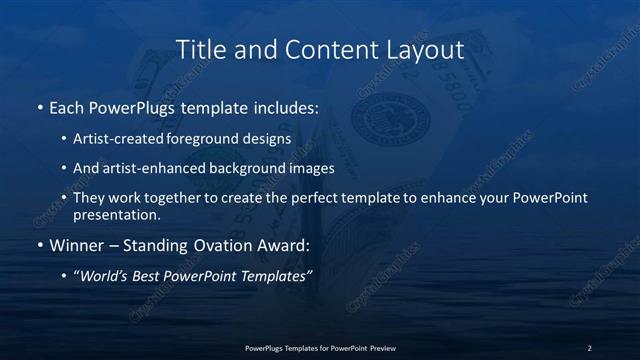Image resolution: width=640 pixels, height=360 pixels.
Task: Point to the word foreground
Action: [x=208, y=139]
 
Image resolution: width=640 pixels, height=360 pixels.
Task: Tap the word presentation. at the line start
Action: [x=116, y=214]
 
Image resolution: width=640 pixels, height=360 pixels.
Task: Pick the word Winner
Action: [x=76, y=245]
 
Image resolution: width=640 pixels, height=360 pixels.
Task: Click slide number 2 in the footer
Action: [x=589, y=348]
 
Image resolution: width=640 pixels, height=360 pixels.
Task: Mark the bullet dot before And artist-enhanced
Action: [x=63, y=168]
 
